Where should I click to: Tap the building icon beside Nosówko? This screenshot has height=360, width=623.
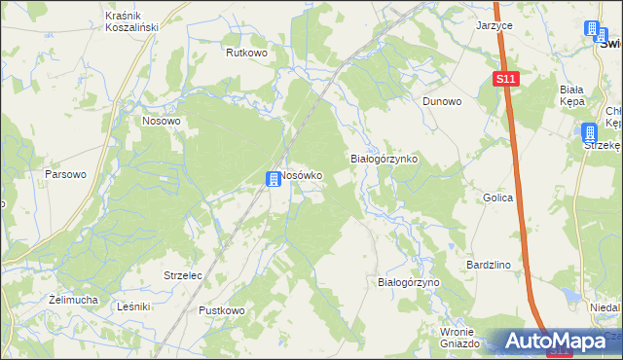pyautogui.click(x=275, y=178)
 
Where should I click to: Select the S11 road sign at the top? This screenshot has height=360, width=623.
pyautogui.click(x=505, y=79)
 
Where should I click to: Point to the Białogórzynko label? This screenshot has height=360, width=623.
pyautogui.click(x=384, y=158)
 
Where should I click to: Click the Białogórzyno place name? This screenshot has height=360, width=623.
pyautogui.click(x=409, y=281)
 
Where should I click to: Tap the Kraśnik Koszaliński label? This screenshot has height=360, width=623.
pyautogui.click(x=131, y=22)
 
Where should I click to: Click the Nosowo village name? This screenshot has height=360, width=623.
pyautogui.click(x=162, y=122)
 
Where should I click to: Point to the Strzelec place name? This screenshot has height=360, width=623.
pyautogui.click(x=183, y=275)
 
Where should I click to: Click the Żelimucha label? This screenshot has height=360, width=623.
pyautogui.click(x=73, y=300)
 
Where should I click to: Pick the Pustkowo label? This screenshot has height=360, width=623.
pyautogui.click(x=222, y=310)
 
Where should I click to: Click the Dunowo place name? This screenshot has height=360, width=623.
pyautogui.click(x=441, y=100)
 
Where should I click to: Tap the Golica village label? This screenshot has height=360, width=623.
pyautogui.click(x=497, y=198)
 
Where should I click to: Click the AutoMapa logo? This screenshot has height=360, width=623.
pyautogui.click(x=554, y=342)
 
